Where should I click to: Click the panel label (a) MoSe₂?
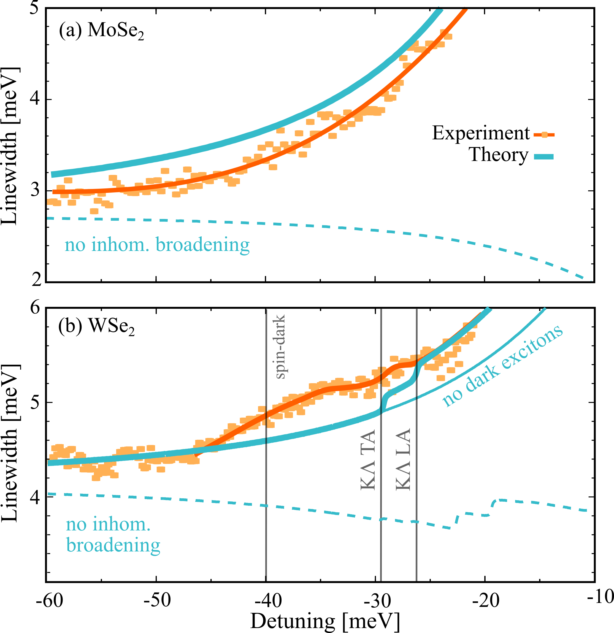coord(101,31)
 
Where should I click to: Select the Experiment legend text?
coord(481,133)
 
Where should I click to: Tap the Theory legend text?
coord(498,155)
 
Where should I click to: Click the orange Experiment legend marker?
coord(544,135)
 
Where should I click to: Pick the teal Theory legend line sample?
coord(544,157)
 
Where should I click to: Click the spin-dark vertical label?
coord(280,346)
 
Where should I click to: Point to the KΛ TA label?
coord(368,460)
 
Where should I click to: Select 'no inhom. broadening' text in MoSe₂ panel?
coord(157,245)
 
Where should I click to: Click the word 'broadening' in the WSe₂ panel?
coord(113,545)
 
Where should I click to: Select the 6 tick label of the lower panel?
coord(35,307)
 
